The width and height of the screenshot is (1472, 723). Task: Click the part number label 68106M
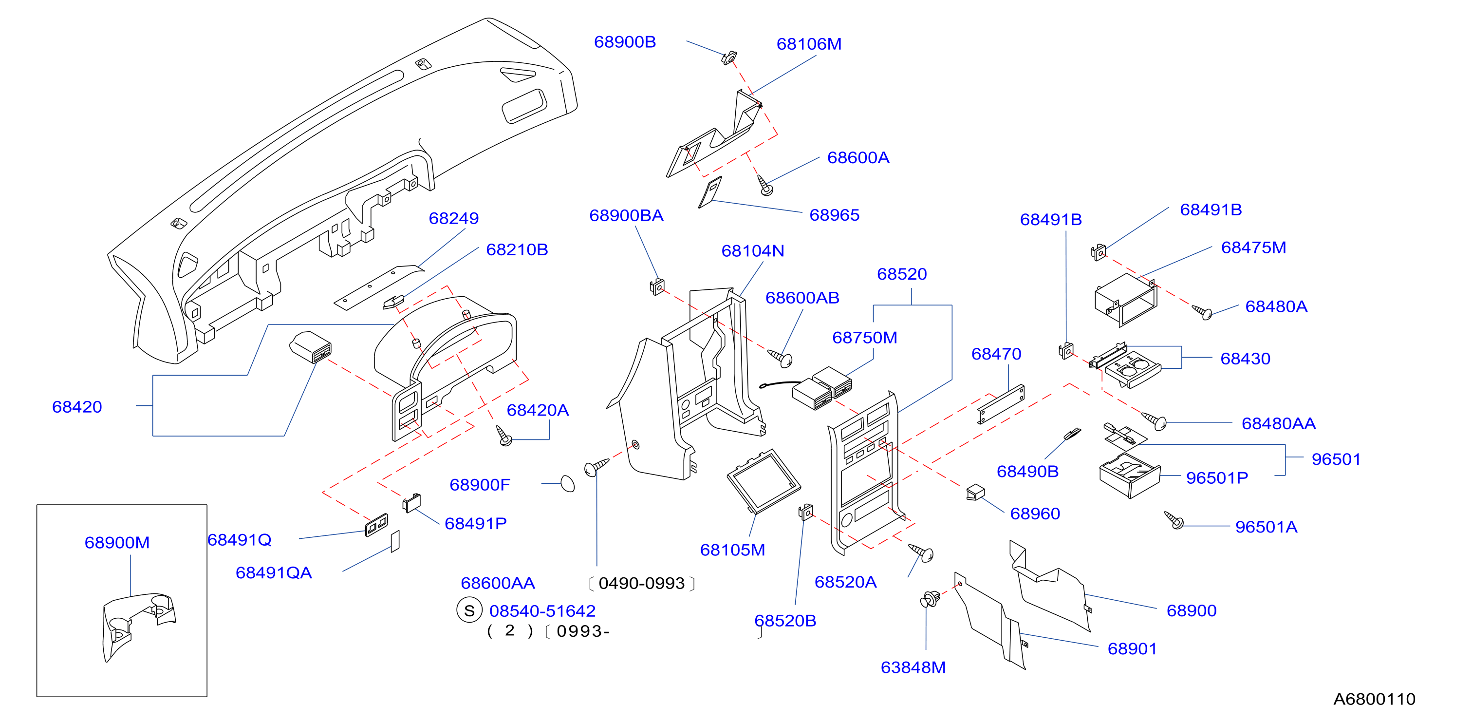click(x=809, y=44)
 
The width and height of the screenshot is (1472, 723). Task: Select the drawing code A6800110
click(x=1374, y=699)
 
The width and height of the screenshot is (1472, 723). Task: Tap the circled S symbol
click(x=469, y=610)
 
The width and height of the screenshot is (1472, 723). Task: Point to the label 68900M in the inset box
click(x=117, y=542)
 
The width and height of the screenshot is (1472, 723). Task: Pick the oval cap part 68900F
click(x=567, y=483)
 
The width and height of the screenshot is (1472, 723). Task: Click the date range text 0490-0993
click(x=642, y=584)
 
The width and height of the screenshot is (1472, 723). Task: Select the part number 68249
click(x=454, y=218)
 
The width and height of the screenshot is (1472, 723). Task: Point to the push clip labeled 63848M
click(x=930, y=599)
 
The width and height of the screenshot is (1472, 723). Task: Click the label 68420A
click(x=538, y=410)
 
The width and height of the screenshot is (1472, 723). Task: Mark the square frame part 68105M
click(x=764, y=480)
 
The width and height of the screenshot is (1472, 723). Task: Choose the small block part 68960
click(x=975, y=492)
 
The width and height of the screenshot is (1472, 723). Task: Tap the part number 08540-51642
click(x=542, y=611)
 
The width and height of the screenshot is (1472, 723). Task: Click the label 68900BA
click(x=626, y=215)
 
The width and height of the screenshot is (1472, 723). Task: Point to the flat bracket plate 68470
click(x=1001, y=404)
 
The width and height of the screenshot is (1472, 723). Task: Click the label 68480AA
click(x=1279, y=423)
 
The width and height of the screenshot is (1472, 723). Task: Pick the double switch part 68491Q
click(x=376, y=525)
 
